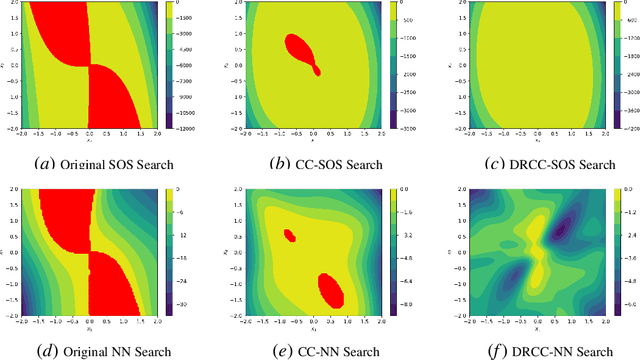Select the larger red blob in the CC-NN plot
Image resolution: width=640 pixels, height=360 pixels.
(x=331, y=291)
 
